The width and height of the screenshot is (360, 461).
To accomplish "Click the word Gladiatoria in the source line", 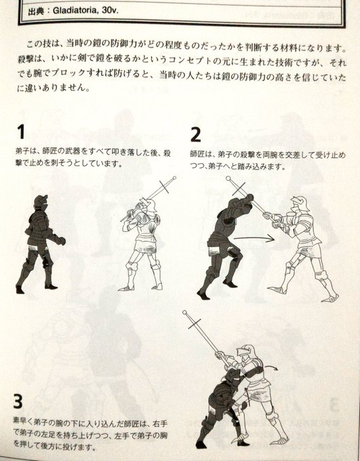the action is [x=75, y=11].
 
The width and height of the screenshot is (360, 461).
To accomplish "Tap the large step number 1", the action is [x=20, y=132].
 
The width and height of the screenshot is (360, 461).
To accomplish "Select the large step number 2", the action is [x=195, y=135].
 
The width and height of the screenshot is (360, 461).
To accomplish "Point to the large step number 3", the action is [x=18, y=401].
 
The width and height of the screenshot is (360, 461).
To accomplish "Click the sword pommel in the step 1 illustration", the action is [x=174, y=178].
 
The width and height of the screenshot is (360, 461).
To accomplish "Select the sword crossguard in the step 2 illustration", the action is [x=238, y=188].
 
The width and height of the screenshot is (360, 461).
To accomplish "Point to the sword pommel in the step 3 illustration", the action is [x=184, y=313].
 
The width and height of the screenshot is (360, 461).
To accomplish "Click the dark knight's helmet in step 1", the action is [x=41, y=203].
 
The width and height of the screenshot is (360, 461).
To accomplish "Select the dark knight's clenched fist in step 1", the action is [x=61, y=241].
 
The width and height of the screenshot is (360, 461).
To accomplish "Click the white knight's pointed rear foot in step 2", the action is [x=330, y=298].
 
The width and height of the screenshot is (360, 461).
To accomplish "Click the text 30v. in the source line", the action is [x=109, y=11].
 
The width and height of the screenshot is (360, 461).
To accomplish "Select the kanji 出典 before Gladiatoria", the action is [x=36, y=12].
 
